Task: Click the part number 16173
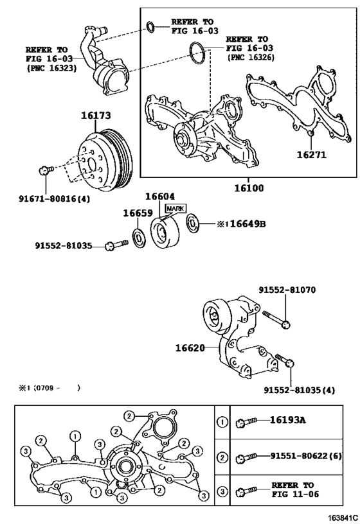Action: click(x=96, y=116)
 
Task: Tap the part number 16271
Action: click(x=312, y=155)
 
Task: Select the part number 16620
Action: click(x=190, y=348)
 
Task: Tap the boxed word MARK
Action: click(x=175, y=209)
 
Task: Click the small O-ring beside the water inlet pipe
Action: click(x=150, y=26)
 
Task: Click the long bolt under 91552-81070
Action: click(x=277, y=318)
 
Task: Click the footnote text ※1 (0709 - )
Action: click(x=49, y=388)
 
